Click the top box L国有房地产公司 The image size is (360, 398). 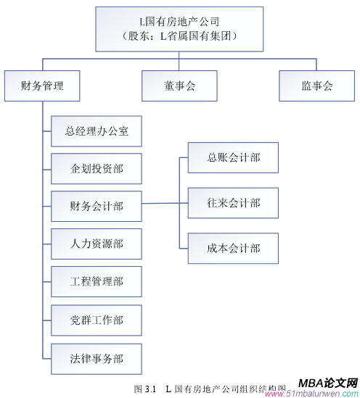(x=179, y=28)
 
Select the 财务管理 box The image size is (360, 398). (x=41, y=86)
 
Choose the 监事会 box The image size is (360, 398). (x=317, y=86)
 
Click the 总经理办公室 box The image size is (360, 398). (x=97, y=131)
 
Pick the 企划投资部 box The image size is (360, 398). (x=97, y=169)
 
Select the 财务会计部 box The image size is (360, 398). (x=97, y=207)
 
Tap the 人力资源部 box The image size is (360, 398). (x=97, y=244)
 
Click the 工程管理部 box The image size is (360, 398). (x=97, y=282)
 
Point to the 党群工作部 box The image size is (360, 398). (x=97, y=320)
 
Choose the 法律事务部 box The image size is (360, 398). (x=97, y=358)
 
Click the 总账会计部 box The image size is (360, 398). (x=233, y=157)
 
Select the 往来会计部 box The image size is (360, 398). (x=233, y=203)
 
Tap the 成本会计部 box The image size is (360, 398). (x=233, y=248)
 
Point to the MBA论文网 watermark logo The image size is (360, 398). (x=327, y=383)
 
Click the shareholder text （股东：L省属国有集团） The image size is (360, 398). (x=179, y=35)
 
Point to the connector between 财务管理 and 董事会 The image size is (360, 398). (x=109, y=61)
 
